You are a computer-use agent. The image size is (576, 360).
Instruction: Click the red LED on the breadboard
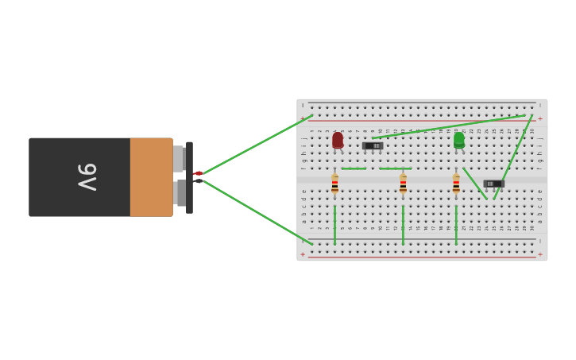(338, 141)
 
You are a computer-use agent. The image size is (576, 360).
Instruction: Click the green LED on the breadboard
(458, 140)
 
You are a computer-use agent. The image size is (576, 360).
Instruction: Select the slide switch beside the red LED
(373, 145)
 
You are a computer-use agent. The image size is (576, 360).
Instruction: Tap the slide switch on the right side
(493, 184)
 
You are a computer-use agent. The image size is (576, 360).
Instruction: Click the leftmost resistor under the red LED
(334, 184)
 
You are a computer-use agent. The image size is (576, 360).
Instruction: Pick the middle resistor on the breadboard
(403, 184)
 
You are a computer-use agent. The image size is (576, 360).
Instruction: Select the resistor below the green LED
(456, 184)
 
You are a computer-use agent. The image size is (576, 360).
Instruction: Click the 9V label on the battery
(86, 176)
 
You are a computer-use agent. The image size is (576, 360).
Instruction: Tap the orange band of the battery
(151, 176)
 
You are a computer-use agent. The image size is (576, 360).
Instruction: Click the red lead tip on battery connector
(199, 173)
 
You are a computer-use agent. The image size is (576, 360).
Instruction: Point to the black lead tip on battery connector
(199, 181)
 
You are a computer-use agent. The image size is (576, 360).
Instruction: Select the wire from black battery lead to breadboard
(254, 211)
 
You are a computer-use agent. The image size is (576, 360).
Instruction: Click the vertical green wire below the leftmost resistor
(334, 224)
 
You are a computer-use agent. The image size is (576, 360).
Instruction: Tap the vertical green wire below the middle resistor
(403, 224)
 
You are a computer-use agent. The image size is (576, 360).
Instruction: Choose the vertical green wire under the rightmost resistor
(456, 224)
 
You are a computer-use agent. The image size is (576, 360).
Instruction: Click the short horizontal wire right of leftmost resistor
(354, 168)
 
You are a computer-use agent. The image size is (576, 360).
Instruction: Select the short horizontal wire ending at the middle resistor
(394, 168)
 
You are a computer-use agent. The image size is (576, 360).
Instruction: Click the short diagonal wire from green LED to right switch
(475, 183)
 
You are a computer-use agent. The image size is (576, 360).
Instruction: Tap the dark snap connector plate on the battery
(189, 177)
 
